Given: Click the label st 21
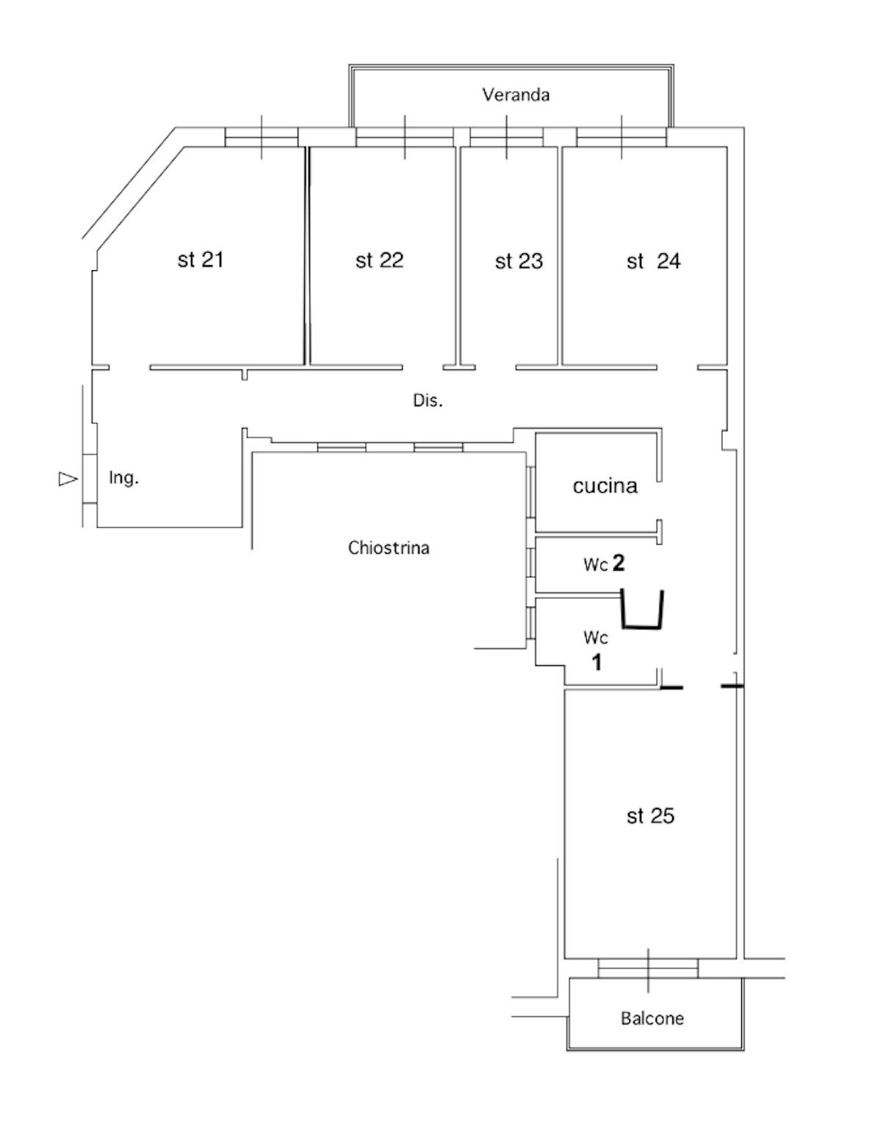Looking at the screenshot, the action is (x=201, y=259).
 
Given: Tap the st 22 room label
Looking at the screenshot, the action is (x=379, y=260).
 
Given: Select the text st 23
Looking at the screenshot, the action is (x=519, y=261).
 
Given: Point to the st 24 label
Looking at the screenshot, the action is (x=653, y=261).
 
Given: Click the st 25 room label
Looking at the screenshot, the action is (x=650, y=816).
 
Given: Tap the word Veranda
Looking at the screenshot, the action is (x=516, y=95).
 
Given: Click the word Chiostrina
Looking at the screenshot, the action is (x=389, y=548).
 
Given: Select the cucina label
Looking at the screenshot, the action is (x=605, y=485).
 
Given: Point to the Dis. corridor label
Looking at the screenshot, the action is (x=428, y=401).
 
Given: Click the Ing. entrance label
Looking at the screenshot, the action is (x=123, y=478).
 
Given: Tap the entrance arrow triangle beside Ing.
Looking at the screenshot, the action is (x=68, y=479).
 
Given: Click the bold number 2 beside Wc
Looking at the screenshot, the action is (x=618, y=563).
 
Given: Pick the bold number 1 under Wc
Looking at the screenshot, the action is (x=597, y=662).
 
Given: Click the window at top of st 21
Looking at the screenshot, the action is (x=262, y=137).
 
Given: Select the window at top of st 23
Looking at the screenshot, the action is (x=507, y=137).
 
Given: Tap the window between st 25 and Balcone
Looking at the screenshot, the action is (x=648, y=969).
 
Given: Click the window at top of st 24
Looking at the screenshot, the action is (x=622, y=137).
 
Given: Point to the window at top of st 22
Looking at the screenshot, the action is (x=405, y=137).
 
